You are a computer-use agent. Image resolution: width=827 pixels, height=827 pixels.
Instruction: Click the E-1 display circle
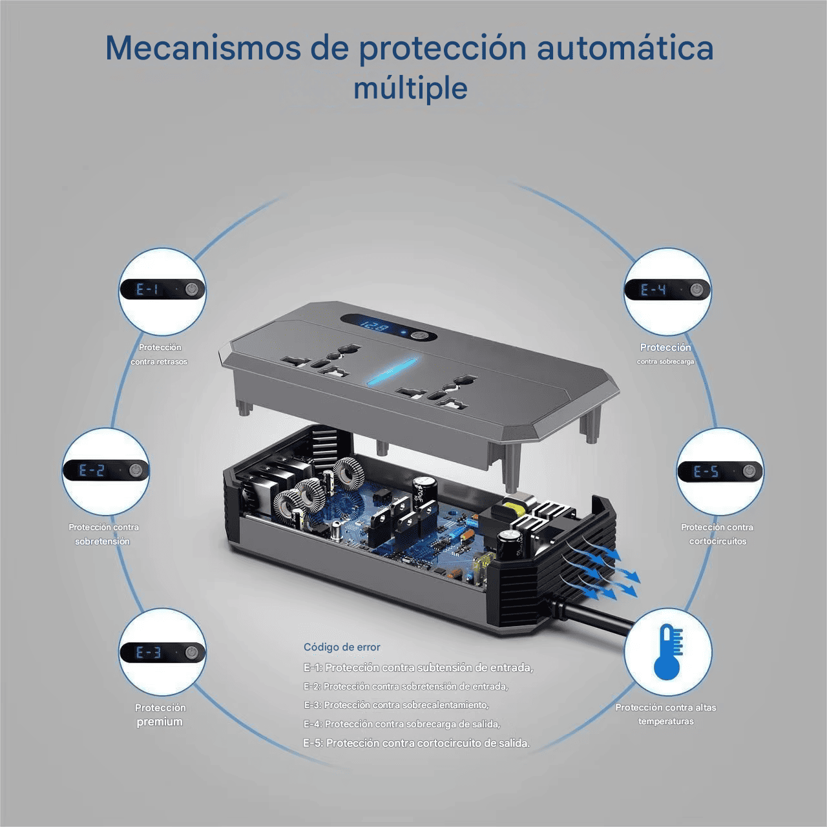click(x=162, y=290)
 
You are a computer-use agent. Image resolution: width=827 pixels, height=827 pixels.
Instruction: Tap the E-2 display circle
click(x=106, y=471)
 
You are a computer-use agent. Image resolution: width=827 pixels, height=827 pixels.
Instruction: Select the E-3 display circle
click(x=162, y=653)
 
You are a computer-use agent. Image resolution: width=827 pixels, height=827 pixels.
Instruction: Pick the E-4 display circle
click(x=667, y=290)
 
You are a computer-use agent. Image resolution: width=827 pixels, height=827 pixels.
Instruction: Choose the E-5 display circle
click(x=720, y=472)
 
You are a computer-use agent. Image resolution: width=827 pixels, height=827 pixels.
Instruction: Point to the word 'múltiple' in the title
click(x=410, y=89)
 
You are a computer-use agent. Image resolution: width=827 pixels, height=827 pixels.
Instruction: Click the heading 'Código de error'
click(x=342, y=647)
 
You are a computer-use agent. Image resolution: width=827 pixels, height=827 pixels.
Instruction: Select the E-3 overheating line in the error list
click(x=396, y=705)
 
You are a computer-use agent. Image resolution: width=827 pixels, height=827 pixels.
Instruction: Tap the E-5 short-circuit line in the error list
click(x=417, y=743)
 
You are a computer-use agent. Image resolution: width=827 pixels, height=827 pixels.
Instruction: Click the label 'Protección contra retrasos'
click(x=160, y=355)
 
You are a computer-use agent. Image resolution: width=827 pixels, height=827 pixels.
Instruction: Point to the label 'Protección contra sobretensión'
click(x=103, y=534)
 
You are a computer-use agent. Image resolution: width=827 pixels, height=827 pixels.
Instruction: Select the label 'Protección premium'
click(x=160, y=715)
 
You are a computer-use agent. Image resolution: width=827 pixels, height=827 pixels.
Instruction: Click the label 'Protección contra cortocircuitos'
click(x=717, y=534)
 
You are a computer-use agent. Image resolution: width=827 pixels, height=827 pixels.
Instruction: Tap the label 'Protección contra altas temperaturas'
click(x=665, y=714)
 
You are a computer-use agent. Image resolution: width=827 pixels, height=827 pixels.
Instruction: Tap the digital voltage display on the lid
click(x=373, y=327)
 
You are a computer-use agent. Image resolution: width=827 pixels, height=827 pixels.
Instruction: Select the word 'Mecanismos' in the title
click(x=203, y=48)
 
